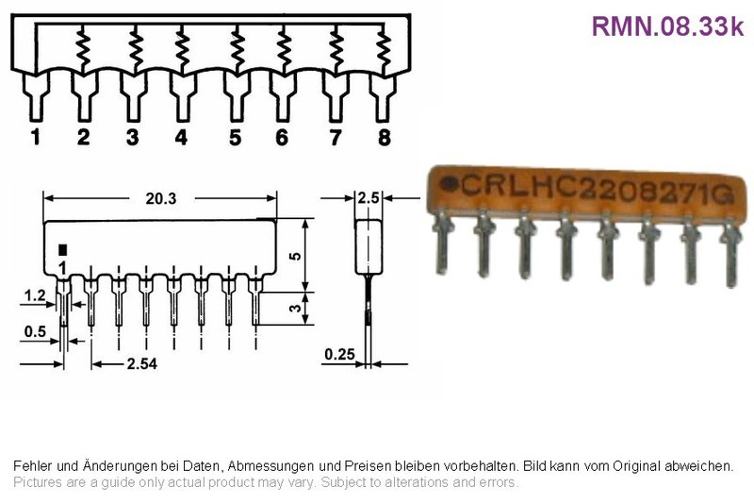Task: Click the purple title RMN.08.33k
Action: [x=667, y=26]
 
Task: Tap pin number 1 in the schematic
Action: [x=36, y=137]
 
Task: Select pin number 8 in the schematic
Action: [x=385, y=137]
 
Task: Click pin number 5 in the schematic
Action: [x=235, y=137]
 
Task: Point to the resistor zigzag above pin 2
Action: [x=83, y=48]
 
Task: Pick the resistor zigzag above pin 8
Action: [x=384, y=51]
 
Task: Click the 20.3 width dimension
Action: [x=161, y=198]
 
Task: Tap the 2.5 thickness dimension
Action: [x=369, y=198]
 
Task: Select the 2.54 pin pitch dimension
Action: [x=142, y=363]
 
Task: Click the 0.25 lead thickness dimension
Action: [x=339, y=354]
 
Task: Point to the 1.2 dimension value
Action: [x=35, y=295]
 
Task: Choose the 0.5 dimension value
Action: [x=35, y=331]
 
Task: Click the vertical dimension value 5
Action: [x=295, y=256]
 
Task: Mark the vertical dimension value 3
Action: [x=295, y=308]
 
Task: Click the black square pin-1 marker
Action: [x=62, y=250]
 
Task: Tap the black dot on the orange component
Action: [x=450, y=184]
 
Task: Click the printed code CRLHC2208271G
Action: [x=598, y=188]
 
